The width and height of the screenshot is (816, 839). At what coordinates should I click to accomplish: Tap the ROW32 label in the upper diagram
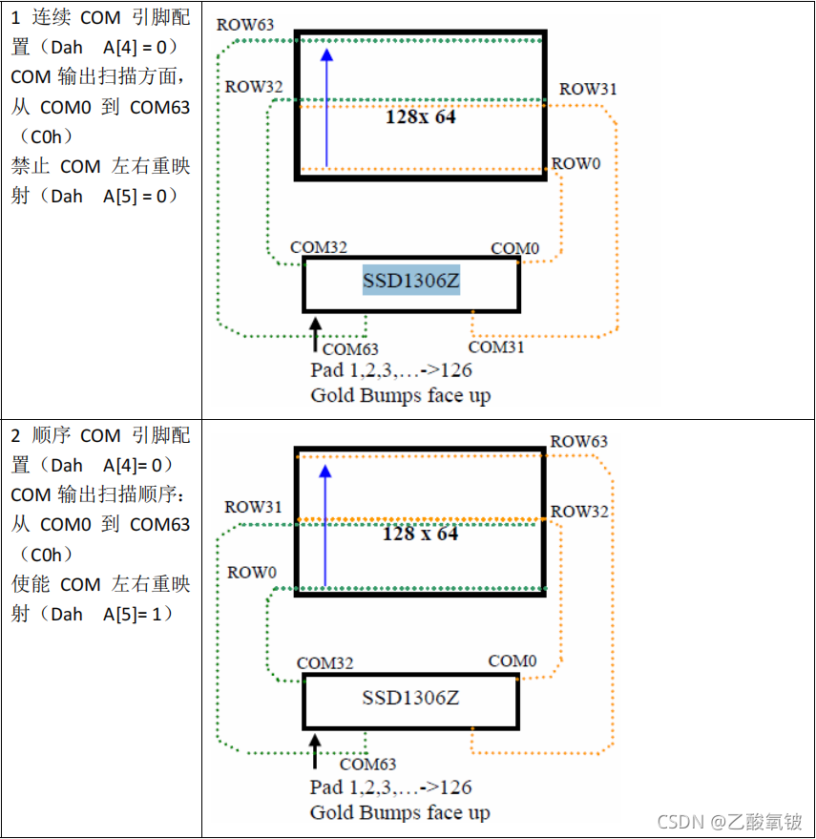coord(254,87)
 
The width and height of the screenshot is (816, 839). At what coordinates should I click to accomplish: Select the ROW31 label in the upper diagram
coord(588,89)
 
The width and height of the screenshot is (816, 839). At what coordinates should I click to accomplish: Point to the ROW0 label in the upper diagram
coord(576,163)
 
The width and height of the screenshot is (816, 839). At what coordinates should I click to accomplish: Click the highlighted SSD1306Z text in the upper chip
coord(410,282)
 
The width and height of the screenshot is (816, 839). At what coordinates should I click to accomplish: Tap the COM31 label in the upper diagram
coord(496,347)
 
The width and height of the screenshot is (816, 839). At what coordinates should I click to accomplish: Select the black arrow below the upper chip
coord(316,335)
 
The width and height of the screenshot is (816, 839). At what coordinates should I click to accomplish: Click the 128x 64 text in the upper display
coord(420,117)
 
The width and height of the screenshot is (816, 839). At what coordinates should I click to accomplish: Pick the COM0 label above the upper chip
coord(514,249)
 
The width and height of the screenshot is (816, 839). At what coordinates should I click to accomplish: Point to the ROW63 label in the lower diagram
coord(579,442)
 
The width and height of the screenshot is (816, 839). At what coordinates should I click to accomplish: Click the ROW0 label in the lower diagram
coord(252,573)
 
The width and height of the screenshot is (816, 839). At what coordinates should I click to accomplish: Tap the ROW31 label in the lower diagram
coord(253,508)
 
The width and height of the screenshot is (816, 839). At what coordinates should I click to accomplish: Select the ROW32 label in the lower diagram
coord(579,512)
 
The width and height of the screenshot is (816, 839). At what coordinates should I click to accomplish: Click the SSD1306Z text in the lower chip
coord(410,698)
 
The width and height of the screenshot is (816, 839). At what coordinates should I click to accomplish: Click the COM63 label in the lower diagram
coord(367,764)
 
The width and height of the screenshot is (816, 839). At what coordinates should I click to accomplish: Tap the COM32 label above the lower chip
coord(325,663)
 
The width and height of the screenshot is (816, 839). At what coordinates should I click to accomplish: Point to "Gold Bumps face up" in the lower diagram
coord(400,812)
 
